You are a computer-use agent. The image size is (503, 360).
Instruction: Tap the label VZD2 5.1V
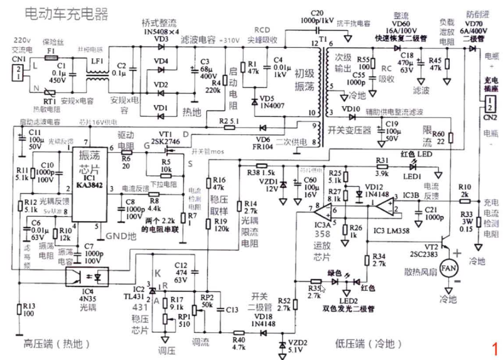(298, 346)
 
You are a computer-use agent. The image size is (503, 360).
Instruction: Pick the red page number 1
(495, 347)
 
